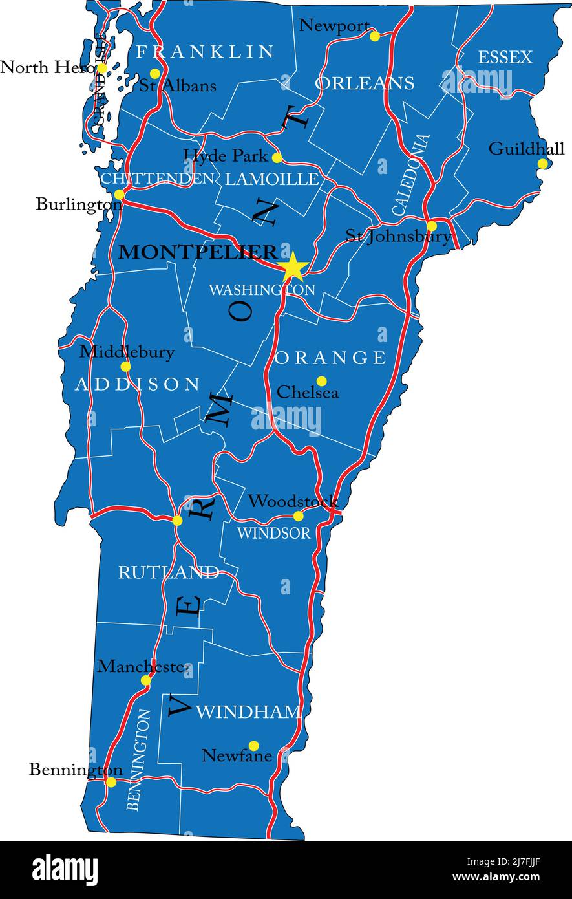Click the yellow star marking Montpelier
coord(293,266)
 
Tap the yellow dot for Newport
coord(374,36)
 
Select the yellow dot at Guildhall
coord(542,164)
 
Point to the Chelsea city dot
coord(321,381)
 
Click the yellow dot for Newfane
coord(253,746)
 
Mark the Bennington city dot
coord(111,782)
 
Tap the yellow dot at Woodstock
coord(298,516)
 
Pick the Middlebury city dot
coord(125,366)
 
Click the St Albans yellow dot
coord(155,74)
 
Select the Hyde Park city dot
coord(277,158)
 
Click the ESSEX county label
coord(505,58)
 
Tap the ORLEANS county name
coord(365,83)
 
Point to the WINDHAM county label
coord(248,712)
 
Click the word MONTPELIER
coord(198,252)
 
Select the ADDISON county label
coord(138,385)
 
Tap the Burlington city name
coord(78,205)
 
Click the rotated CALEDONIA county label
coord(411,175)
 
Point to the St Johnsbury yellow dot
coord(432,226)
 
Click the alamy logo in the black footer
coord(65,869)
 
